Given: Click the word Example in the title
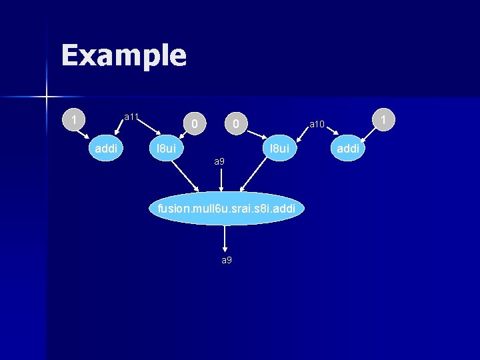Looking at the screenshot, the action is click(x=123, y=55).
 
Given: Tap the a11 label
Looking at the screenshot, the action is click(x=131, y=117).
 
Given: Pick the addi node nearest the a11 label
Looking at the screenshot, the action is click(x=106, y=148).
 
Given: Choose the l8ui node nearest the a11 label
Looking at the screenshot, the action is click(x=165, y=148).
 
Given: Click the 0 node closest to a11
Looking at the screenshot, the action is click(x=193, y=123).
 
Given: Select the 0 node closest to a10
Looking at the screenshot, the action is click(x=235, y=123).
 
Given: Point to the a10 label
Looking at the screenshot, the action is click(x=317, y=124).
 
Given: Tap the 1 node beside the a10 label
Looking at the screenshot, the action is click(x=383, y=120).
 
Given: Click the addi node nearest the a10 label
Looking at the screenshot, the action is click(x=347, y=148).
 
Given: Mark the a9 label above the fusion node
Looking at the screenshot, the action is click(x=219, y=162).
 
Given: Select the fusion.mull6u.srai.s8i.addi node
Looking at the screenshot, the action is click(x=225, y=209).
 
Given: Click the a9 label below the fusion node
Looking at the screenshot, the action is click(x=227, y=259).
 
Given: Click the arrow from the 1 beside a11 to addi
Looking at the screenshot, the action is click(x=86, y=135).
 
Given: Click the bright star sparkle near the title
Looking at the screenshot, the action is click(x=46, y=97).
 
